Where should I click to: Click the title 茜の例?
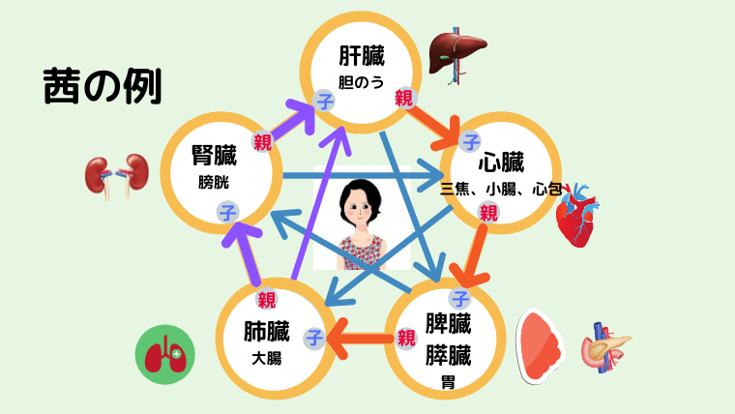coord(103,86)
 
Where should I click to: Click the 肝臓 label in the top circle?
coord(362,56)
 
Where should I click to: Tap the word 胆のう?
coord(361,82)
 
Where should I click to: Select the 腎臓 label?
coord(214,155)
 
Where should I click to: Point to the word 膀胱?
coord(214,182)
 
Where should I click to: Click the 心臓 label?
coord(501,163)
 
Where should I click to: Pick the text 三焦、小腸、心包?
coord(501,189)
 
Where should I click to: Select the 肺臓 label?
coord(266,331)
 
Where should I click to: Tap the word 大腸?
coord(266,359)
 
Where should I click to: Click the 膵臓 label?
coord(448,354)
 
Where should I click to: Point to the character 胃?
coord(448,382)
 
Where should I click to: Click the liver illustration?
coord(458,56)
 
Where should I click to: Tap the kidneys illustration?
coord(117,177)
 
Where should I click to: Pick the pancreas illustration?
coord(605,347)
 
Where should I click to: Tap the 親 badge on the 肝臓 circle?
coord(403,99)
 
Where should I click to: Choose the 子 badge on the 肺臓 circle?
coord(314,338)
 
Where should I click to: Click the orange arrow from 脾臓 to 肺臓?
coord(360,339)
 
